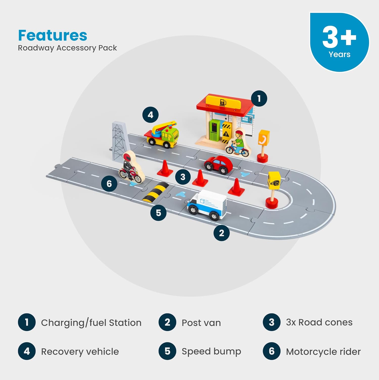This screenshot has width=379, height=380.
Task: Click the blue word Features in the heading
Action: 53,35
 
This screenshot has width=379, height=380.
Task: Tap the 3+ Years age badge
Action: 339,42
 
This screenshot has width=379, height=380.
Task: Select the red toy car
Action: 218,165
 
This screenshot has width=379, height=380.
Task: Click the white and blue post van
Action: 207,204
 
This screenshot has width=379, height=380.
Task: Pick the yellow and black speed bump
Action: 156,193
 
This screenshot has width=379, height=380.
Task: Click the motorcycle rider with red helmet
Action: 130,167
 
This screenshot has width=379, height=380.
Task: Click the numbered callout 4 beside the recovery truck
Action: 150,115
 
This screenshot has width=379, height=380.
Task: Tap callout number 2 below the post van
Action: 221,233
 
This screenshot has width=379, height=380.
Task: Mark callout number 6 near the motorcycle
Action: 109,184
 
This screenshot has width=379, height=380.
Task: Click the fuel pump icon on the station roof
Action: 223,102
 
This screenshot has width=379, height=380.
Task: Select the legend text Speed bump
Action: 211,351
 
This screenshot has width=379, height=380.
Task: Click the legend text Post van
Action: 201,323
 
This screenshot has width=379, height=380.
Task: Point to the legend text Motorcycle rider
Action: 323,352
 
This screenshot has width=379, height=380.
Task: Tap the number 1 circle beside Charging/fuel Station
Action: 27,322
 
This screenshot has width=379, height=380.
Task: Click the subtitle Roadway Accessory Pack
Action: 67,48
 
